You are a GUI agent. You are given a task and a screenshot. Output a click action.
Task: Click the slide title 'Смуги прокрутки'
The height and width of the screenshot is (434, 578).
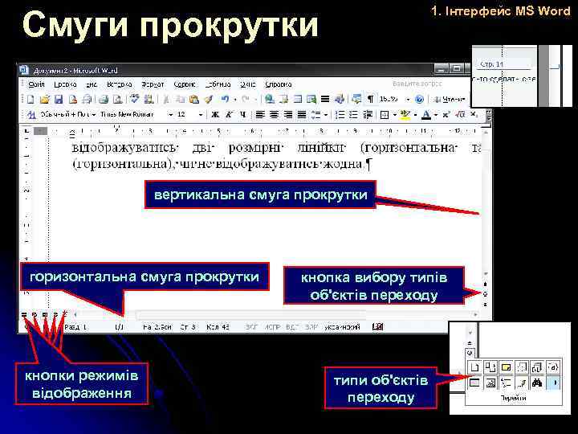point(170,25)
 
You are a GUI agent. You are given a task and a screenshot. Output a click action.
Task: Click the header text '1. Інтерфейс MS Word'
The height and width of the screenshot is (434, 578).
point(499,12)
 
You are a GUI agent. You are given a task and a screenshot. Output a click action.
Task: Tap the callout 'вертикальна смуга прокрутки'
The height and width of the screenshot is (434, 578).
point(261,194)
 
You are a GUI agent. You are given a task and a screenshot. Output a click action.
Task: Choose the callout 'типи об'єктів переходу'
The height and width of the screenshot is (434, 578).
point(380,387)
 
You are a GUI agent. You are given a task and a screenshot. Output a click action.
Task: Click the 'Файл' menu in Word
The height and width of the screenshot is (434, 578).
point(36,83)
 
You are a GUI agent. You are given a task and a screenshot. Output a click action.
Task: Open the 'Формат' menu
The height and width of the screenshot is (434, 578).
point(153,83)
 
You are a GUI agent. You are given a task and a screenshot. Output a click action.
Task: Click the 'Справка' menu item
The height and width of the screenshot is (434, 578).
point(279,83)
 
